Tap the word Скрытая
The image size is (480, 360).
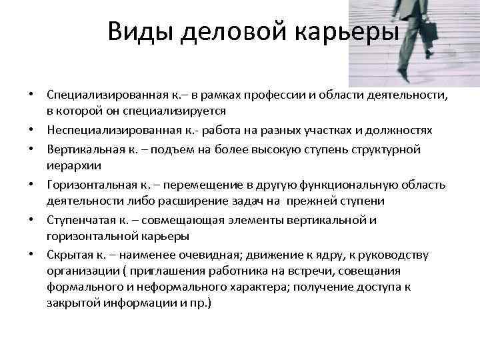[x=67, y=255]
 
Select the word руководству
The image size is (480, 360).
[x=397, y=255]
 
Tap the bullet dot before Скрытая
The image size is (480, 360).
[x=31, y=255]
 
